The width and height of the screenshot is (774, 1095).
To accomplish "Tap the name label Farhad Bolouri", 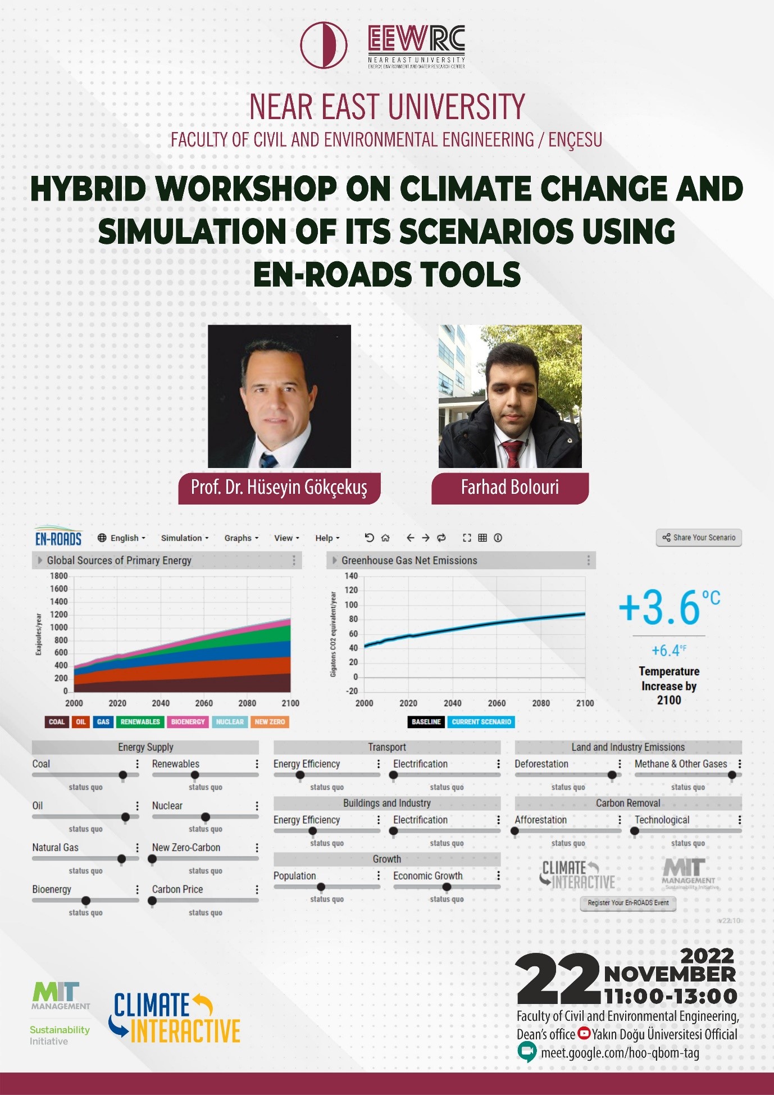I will (509, 487).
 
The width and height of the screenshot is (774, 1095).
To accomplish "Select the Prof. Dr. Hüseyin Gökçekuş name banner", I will (279, 487).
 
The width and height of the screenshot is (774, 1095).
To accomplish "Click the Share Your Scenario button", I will (699, 538).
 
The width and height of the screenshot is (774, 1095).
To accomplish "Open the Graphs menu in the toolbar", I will (241, 538).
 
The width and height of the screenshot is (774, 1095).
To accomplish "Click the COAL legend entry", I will (56, 722).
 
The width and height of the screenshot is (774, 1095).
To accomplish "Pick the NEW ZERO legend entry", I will (270, 722).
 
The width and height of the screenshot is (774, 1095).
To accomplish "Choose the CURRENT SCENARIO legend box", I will (481, 722).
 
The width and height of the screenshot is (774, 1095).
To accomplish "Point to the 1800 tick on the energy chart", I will (59, 576).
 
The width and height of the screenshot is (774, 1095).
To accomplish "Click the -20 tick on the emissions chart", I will (351, 691).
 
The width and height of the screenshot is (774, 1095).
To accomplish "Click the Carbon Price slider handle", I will (152, 901).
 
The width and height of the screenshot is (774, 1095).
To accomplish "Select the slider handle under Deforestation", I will (612, 775).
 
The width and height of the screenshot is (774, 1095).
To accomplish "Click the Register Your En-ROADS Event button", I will (628, 903).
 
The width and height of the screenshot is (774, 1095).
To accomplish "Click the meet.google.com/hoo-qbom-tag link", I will (620, 1053).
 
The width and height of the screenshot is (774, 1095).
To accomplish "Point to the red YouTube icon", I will (584, 1033).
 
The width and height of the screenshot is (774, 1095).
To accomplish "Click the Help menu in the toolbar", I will (327, 538).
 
